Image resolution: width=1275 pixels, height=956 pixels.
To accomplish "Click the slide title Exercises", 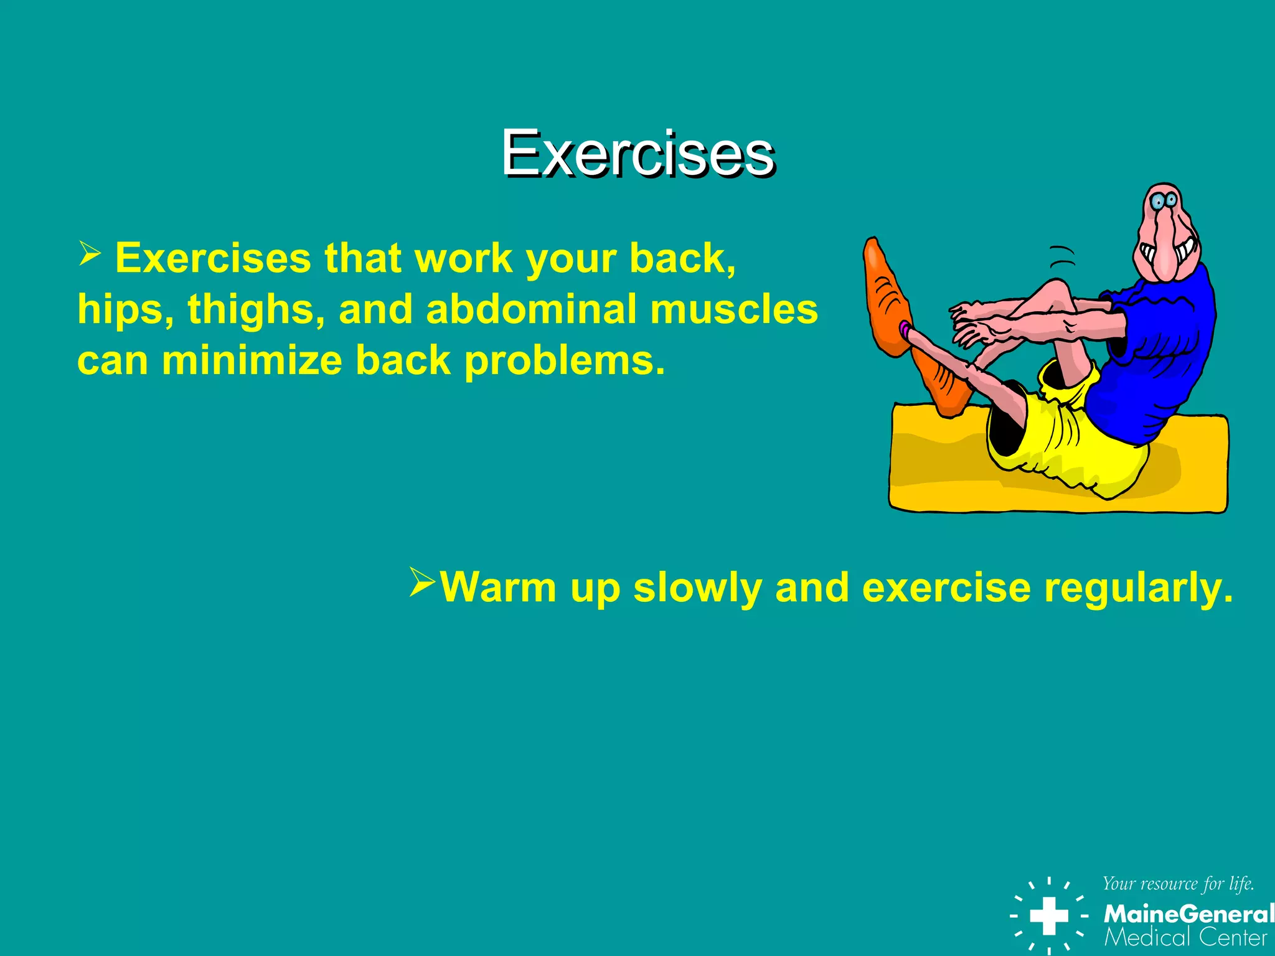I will [x=637, y=153].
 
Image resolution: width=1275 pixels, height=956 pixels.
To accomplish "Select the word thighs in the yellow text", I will [x=256, y=309].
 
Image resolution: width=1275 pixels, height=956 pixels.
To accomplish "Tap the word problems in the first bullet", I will [x=564, y=360].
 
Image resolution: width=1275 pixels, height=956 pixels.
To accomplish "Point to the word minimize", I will [x=252, y=360].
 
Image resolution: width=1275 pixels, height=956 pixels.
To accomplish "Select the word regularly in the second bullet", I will [x=1137, y=587].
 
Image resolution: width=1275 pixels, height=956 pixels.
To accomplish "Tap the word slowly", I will [x=697, y=587].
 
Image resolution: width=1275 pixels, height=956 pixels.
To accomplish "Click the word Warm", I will [x=498, y=587].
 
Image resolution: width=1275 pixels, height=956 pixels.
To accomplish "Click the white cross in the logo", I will [x=1049, y=916].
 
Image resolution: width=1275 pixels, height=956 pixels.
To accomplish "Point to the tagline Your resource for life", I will [x=1178, y=884].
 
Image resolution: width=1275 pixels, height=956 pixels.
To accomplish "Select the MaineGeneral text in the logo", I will [x=1188, y=914].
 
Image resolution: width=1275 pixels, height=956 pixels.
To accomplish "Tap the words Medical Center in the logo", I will [x=1185, y=937].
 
